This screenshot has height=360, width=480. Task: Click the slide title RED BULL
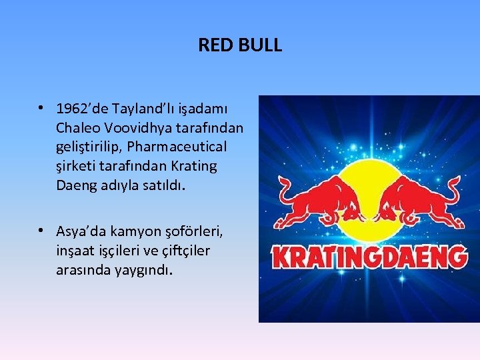pyautogui.click(x=240, y=45)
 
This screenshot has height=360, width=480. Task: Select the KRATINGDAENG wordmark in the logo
pyautogui.click(x=369, y=257)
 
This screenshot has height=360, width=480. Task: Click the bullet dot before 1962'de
pyautogui.click(x=41, y=107)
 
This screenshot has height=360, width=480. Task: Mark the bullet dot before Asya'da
pyautogui.click(x=41, y=231)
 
